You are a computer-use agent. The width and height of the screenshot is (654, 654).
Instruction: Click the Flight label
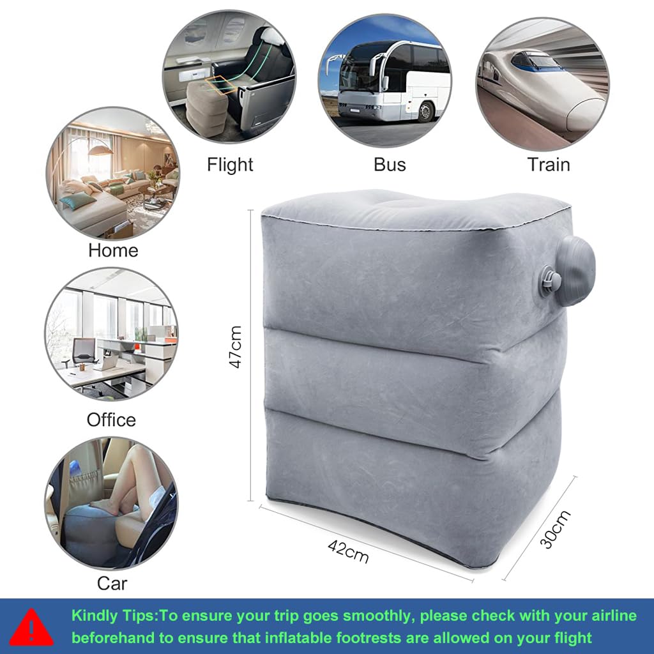tap(230, 165)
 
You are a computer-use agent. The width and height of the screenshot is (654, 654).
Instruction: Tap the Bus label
tap(390, 165)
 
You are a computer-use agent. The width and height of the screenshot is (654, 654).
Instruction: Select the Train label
tap(548, 165)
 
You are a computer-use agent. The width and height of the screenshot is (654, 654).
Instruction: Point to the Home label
tap(113, 250)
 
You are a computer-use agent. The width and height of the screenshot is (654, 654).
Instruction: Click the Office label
tap(112, 420)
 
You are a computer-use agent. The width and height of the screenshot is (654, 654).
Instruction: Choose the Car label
tap(112, 582)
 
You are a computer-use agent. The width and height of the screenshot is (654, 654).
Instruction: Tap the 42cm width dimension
tap(348, 551)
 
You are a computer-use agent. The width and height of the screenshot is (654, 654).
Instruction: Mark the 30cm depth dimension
tap(555, 529)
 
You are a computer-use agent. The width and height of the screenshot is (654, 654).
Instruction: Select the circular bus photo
tap(384, 80)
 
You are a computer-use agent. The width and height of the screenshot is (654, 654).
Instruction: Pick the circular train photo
tap(542, 83)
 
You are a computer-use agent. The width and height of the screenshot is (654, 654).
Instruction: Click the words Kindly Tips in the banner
tap(113, 616)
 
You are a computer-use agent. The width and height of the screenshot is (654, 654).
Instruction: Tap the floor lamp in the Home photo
tap(99, 153)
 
